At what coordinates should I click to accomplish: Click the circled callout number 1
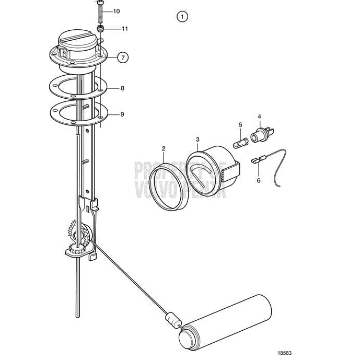182,17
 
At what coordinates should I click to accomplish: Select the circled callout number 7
123,58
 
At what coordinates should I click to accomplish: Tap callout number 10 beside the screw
115,11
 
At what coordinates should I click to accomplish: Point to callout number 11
124,29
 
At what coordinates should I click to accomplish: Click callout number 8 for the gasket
122,88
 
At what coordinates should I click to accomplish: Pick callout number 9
122,114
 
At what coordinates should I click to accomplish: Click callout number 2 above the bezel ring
164,149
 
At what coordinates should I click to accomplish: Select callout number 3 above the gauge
198,140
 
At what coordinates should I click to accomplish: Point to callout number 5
240,125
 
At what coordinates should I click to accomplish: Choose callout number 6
258,180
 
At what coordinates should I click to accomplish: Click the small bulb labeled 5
239,142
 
